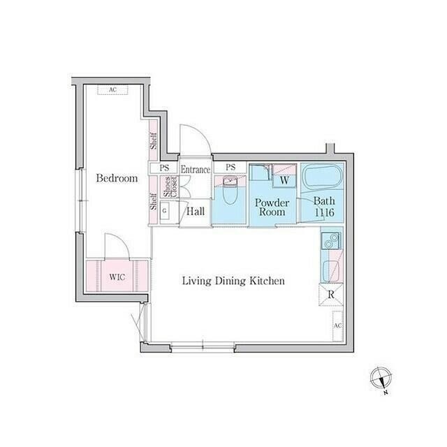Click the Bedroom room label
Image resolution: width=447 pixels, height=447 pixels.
point(117,179)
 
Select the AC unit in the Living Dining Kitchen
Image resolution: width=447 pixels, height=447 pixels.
point(337,325)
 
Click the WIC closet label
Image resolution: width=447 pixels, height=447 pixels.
point(117,277)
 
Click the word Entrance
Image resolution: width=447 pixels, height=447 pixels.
point(196,169)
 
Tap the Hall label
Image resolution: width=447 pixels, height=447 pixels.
point(196,210)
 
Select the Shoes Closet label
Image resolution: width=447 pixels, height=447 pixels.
point(170,187)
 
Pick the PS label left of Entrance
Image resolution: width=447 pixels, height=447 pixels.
point(165,168)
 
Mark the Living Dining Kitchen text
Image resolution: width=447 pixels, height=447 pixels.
point(233,281)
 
